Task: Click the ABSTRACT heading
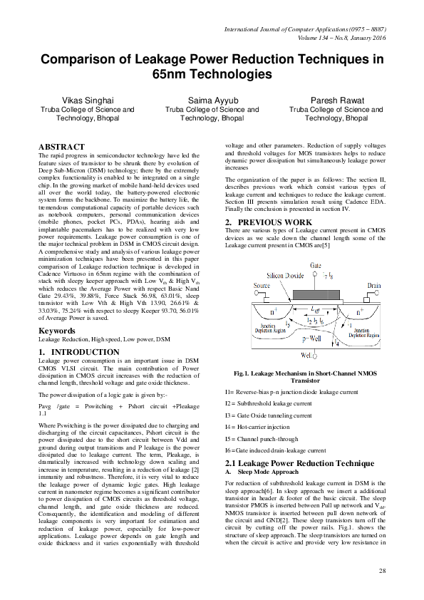[61, 146]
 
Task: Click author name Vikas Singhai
[88, 100]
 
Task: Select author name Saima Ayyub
[212, 100]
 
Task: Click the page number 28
[382, 571]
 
